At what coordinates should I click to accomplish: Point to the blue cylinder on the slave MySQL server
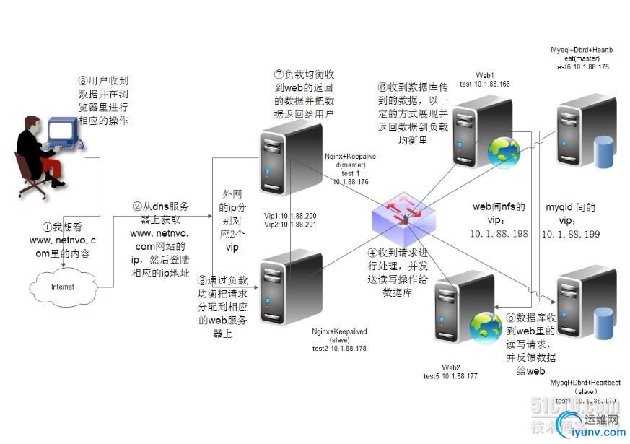[603, 321]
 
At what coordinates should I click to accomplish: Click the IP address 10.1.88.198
[499, 234]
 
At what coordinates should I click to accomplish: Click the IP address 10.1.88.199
[570, 234]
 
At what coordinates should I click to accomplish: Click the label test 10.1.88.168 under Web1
[484, 84]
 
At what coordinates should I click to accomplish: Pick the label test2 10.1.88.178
[339, 349]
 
